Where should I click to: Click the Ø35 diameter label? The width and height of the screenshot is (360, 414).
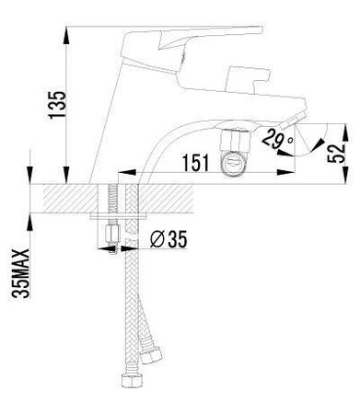coord(168,239)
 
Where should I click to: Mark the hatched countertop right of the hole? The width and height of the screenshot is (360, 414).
coord(230,198)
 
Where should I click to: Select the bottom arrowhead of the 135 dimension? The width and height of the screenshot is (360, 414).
coord(67,177)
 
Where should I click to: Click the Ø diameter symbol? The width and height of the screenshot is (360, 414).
coord(157,239)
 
